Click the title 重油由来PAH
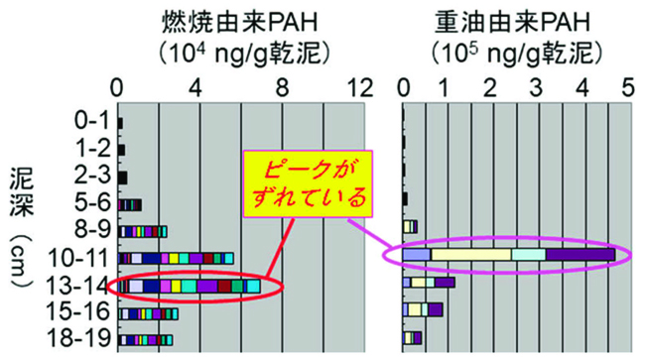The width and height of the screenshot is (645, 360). pyautogui.click(x=514, y=20)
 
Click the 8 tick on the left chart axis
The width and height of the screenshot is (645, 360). pyautogui.click(x=284, y=85)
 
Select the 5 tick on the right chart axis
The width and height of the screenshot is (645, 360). pyautogui.click(x=625, y=85)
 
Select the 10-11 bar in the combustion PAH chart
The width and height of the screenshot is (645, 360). pyautogui.click(x=176, y=259)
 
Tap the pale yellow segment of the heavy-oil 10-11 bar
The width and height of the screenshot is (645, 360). pyautogui.click(x=470, y=256)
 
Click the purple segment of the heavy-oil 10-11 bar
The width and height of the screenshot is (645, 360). pyautogui.click(x=580, y=256)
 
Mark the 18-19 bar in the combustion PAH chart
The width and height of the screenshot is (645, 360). pyautogui.click(x=146, y=340)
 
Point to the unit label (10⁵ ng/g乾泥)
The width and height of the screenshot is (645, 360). pyautogui.click(x=513, y=49)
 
